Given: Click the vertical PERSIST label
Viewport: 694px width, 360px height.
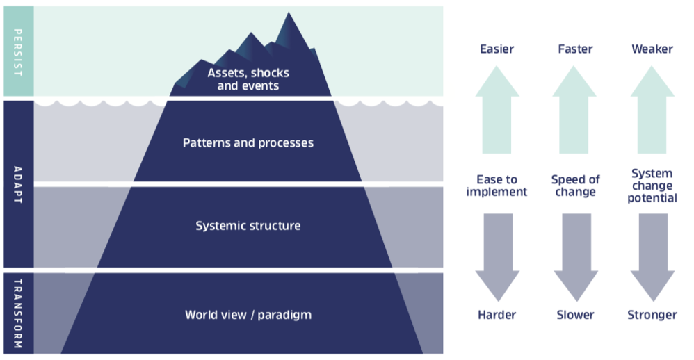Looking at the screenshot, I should pos(18,51).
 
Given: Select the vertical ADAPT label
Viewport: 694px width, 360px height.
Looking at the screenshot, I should pos(18,184).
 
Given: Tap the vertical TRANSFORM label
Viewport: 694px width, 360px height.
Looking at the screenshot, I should pos(18,313).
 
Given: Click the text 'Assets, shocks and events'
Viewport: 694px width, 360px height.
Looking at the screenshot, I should pos(248,79).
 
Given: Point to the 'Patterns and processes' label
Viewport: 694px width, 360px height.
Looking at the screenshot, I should pos(248,143).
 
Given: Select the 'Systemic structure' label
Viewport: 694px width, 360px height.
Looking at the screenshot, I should pos(248,226).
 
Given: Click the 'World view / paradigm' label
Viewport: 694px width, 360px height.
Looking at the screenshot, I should pos(248,315).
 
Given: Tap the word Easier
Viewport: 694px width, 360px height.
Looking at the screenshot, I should pos(497,49).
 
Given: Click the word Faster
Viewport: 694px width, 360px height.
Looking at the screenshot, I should pos(575,49).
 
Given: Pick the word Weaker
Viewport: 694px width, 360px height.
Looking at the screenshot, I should pos(652,49).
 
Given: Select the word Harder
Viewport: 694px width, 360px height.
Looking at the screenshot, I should pos(497,315).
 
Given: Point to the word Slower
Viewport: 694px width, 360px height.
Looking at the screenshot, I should pos(575,315).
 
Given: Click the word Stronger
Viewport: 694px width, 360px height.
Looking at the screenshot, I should pos(652,315).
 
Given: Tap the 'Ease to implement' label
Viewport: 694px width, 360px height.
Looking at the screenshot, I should pos(497,186).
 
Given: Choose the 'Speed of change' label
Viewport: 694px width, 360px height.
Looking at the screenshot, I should pos(575,186).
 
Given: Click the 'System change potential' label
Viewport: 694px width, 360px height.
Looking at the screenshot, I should pos(652,186).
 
